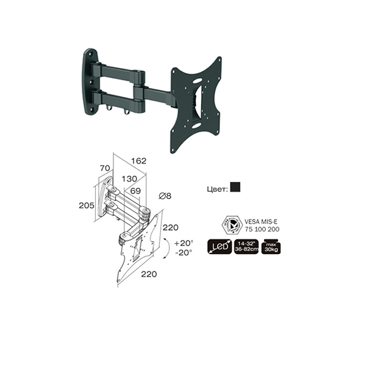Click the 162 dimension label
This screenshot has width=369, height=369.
coord(139,161)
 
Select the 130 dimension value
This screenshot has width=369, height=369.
coord(129,179)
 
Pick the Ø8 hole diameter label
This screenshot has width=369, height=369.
coord(165,196)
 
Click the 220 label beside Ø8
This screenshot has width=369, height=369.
coord(170,228)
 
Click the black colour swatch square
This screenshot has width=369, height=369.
coord(235,188)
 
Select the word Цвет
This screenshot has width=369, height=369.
coord(217,188)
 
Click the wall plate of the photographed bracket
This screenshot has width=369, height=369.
coord(90,82)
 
